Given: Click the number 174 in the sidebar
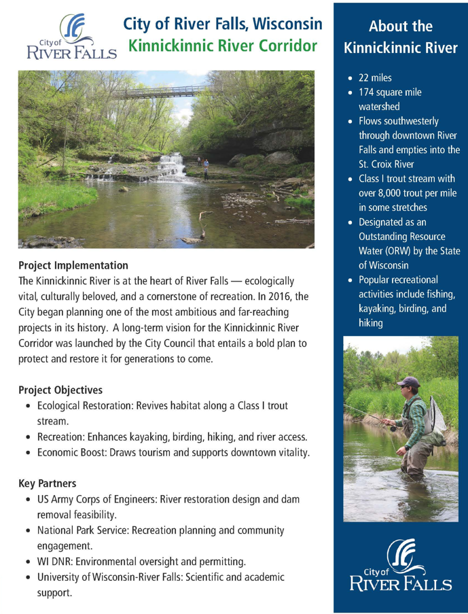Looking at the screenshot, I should pyautogui.click(x=367, y=92).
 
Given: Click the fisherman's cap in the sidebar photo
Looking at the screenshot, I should pyautogui.click(x=408, y=382).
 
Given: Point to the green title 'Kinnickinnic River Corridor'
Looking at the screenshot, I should pyautogui.click(x=223, y=48).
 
